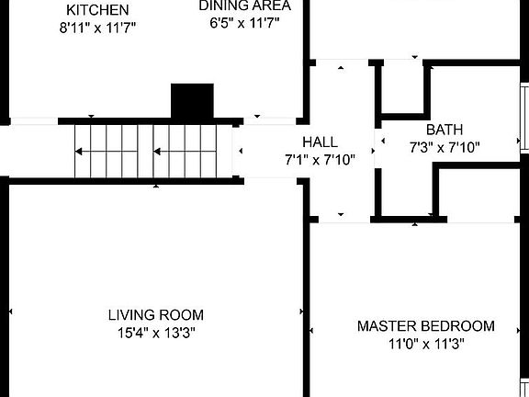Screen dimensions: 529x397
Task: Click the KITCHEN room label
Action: (x=97, y=10)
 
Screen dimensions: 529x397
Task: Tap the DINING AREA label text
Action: (x=244, y=6)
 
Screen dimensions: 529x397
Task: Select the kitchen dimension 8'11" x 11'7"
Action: (x=97, y=28)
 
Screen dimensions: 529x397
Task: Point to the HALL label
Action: (x=320, y=142)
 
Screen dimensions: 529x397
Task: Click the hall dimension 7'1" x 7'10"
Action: (x=320, y=160)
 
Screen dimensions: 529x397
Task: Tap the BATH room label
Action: (x=445, y=130)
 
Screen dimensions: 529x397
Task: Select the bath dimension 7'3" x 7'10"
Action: (x=445, y=148)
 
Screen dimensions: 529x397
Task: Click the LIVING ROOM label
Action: (x=156, y=315)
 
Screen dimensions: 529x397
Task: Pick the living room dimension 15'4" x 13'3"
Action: (x=156, y=333)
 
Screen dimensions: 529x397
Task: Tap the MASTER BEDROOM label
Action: (x=426, y=326)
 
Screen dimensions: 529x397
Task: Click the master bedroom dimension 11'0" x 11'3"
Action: (x=426, y=345)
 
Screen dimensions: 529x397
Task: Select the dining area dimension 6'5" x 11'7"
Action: (x=244, y=23)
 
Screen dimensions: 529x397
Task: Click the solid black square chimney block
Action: (x=192, y=101)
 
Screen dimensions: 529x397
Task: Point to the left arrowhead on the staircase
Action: (x=78, y=152)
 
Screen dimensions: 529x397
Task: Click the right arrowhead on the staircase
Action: (x=157, y=152)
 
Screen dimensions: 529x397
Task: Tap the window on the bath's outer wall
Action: (x=524, y=118)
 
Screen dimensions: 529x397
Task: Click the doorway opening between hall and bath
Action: (x=377, y=149)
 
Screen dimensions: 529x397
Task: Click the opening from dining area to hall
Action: (x=270, y=121)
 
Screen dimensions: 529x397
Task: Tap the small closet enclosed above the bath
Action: (x=402, y=89)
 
